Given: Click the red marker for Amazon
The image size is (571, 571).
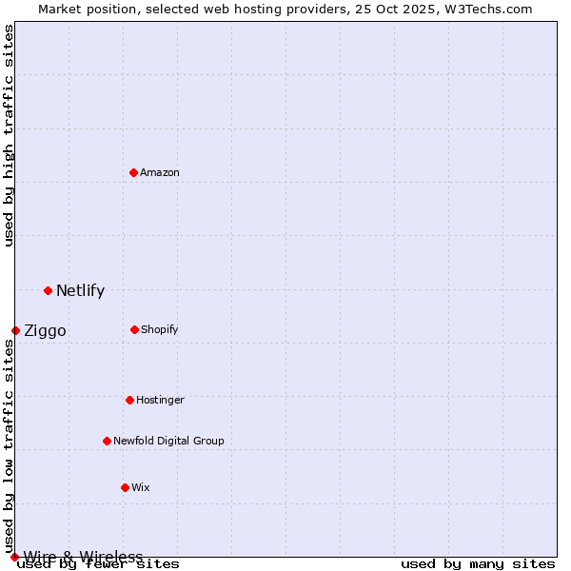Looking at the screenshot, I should (x=134, y=172).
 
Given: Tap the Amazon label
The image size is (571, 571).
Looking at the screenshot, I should (x=160, y=172).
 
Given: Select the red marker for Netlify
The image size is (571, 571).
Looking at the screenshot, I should (x=48, y=290).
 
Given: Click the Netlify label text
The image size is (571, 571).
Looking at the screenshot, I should (x=80, y=291).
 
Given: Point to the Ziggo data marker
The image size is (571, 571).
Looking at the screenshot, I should (x=15, y=330).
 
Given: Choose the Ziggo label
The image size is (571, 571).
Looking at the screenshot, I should (x=45, y=331).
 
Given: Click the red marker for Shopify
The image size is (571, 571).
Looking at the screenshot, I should (x=134, y=329).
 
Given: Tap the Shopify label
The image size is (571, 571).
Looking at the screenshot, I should (x=160, y=329).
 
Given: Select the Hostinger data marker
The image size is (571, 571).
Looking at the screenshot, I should (x=129, y=400).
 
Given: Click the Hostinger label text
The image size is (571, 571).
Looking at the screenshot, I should (x=160, y=400).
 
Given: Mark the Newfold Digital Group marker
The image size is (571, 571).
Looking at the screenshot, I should (x=107, y=441).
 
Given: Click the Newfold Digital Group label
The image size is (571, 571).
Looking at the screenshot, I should (x=168, y=441).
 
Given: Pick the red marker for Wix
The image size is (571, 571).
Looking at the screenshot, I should (x=125, y=487).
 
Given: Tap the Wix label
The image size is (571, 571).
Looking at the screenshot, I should (x=141, y=487).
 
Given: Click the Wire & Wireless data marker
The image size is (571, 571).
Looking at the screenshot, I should (x=14, y=557).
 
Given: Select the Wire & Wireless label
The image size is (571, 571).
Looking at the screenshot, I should (x=83, y=557).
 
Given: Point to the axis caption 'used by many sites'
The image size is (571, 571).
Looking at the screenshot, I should (x=478, y=564).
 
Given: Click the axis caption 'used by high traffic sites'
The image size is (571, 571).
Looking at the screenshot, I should (x=9, y=135).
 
